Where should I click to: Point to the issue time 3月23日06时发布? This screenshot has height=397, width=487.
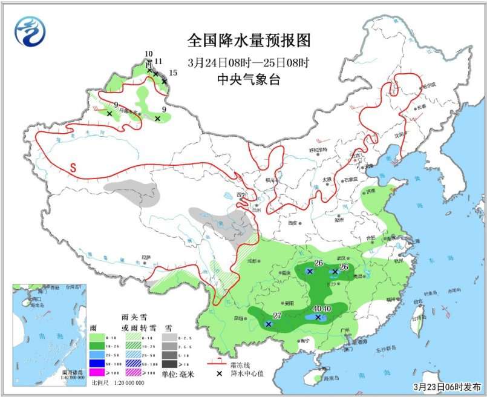coord(447,386)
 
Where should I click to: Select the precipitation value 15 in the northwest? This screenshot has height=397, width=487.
coord(173,73)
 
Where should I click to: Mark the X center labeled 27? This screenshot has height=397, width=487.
coord(269,324)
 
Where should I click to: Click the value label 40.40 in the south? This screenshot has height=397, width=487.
coord(321,309)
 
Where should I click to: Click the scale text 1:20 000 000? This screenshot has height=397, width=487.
coord(126,383)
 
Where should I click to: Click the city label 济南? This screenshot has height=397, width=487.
coord(370,192)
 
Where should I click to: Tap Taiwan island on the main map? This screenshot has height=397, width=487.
coord(417,312)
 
